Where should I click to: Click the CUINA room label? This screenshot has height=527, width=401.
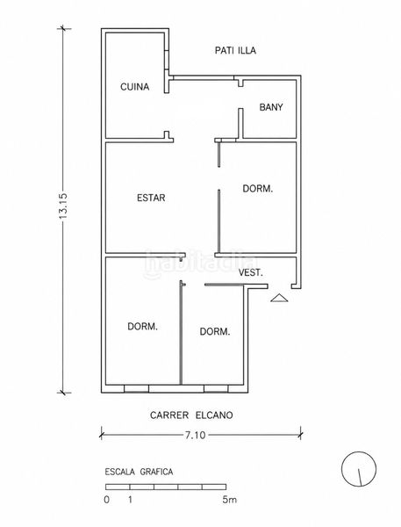[x=134, y=87]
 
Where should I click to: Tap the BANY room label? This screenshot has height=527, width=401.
[x=271, y=107]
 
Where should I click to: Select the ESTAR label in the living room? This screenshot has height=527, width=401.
[x=151, y=198]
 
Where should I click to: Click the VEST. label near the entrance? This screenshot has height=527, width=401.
[x=251, y=272]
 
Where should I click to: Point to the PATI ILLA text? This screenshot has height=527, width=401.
[x=235, y=50]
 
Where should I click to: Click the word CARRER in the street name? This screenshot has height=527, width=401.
[x=169, y=415]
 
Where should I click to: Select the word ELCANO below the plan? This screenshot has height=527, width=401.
[x=214, y=415]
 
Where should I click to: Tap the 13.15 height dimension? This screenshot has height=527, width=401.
[x=63, y=206]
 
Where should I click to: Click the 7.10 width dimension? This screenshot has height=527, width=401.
[x=195, y=435]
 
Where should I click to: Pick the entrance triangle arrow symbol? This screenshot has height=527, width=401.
[x=279, y=298]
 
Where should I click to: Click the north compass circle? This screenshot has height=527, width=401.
[x=359, y=469]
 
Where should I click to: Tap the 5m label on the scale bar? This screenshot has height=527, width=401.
[x=229, y=500]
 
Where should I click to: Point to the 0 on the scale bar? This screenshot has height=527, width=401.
[x=106, y=500]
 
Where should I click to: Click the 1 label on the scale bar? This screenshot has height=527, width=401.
[x=130, y=500]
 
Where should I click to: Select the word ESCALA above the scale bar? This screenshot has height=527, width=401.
[x=120, y=472]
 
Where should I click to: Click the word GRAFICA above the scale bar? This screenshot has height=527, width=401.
[x=156, y=472]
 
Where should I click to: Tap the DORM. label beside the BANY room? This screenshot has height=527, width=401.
[x=258, y=189]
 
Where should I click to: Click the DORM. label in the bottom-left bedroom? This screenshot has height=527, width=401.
[x=143, y=327]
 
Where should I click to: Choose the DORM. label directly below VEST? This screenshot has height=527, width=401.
[x=215, y=332]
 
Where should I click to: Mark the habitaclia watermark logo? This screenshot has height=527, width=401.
[x=200, y=263]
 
